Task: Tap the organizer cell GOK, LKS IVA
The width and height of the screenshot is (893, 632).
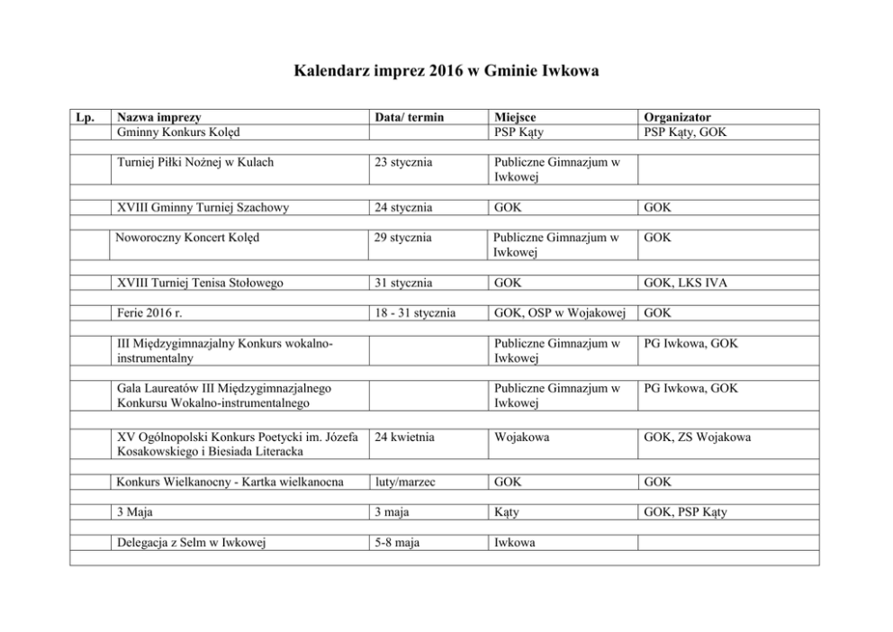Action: pos(686,283)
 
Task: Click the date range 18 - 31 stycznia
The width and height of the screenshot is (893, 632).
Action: pos(416,313)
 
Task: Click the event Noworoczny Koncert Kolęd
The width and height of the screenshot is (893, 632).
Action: pos(191,238)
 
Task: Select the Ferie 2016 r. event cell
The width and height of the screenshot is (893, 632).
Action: pos(150,313)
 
